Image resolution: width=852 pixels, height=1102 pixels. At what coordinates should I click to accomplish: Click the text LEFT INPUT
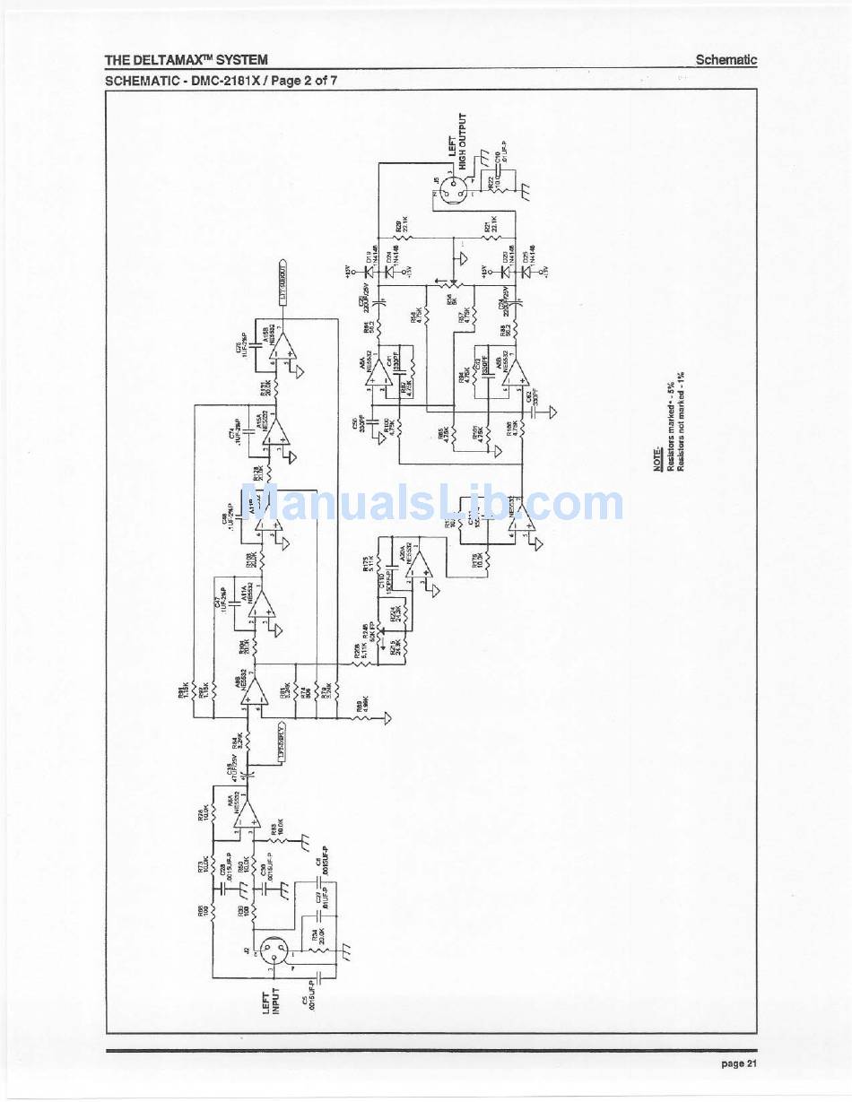pyautogui.click(x=272, y=1001)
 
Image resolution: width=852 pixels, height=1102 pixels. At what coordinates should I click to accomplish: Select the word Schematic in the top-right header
pyautogui.click(x=726, y=60)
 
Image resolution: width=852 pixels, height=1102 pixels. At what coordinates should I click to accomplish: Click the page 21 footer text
pyautogui.click(x=739, y=1063)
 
